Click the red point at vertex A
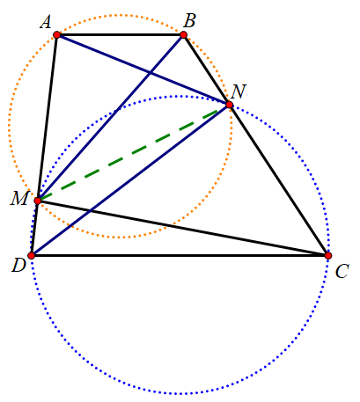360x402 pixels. [x=57, y=35]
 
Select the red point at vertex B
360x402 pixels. [x=183, y=35]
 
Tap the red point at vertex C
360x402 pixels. [x=328, y=255]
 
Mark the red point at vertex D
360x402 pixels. [x=32, y=255]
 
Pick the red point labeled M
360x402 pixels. [x=38, y=201]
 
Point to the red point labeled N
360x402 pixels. [x=230, y=105]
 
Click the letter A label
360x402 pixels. [x=46, y=22]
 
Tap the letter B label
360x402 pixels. [x=189, y=21]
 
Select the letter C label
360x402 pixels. [x=342, y=271]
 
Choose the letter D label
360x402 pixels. [x=18, y=266]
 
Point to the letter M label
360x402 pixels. [x=19, y=198]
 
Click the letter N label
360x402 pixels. [x=239, y=91]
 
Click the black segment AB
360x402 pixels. [x=120, y=35]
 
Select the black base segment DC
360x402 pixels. [x=180, y=255]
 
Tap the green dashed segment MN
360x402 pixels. [x=134, y=152]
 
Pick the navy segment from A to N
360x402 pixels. [x=143, y=69]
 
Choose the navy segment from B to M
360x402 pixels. [x=110, y=118]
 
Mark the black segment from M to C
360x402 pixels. [x=183, y=228]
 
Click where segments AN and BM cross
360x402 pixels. [x=151, y=73]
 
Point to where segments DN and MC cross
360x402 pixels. [x=90, y=210]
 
